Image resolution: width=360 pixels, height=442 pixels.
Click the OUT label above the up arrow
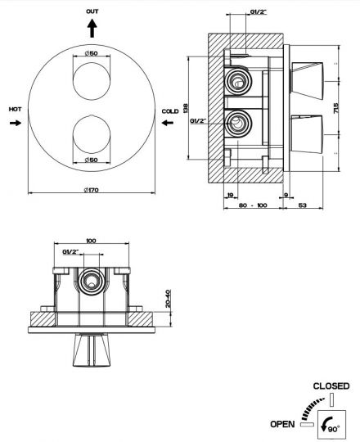pyautogui.click(x=92, y=11)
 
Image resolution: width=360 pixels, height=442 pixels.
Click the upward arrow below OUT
pyautogui.click(x=92, y=28)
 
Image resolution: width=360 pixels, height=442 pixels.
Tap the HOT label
pyautogui.click(x=15, y=110)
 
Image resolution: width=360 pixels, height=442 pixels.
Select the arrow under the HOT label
pyautogui.click(x=16, y=123)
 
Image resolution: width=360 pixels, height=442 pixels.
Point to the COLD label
pyautogui.click(x=170, y=111)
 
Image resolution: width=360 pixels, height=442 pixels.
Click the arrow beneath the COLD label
pyautogui.click(x=168, y=123)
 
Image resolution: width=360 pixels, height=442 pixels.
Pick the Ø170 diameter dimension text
pyautogui.click(x=92, y=190)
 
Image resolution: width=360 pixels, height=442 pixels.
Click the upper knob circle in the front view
pyautogui.click(x=92, y=81)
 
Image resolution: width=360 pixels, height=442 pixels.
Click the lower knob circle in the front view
pyautogui.click(x=92, y=134)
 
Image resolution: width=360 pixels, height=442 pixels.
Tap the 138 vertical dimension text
pyautogui.click(x=185, y=108)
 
